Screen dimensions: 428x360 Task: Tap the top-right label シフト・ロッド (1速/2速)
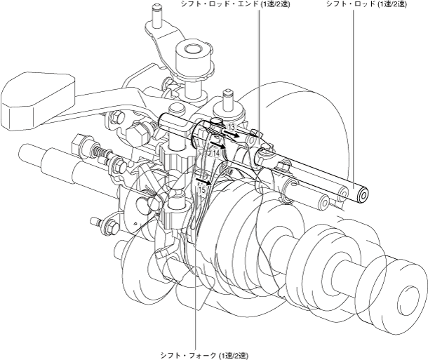pyautogui.click(x=366, y=4)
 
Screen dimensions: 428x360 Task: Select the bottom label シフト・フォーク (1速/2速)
pyautogui.click(x=204, y=356)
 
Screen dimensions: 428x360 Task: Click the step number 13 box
pyautogui.click(x=232, y=127)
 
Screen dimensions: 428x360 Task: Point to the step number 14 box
pyautogui.click(x=216, y=154)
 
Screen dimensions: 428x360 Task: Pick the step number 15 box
pyautogui.click(x=202, y=189)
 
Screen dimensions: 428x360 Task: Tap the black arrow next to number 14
pyautogui.click(x=218, y=145)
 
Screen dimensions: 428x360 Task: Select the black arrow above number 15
pyautogui.click(x=204, y=181)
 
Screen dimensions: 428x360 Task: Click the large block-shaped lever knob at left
pyautogui.click(x=38, y=100)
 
